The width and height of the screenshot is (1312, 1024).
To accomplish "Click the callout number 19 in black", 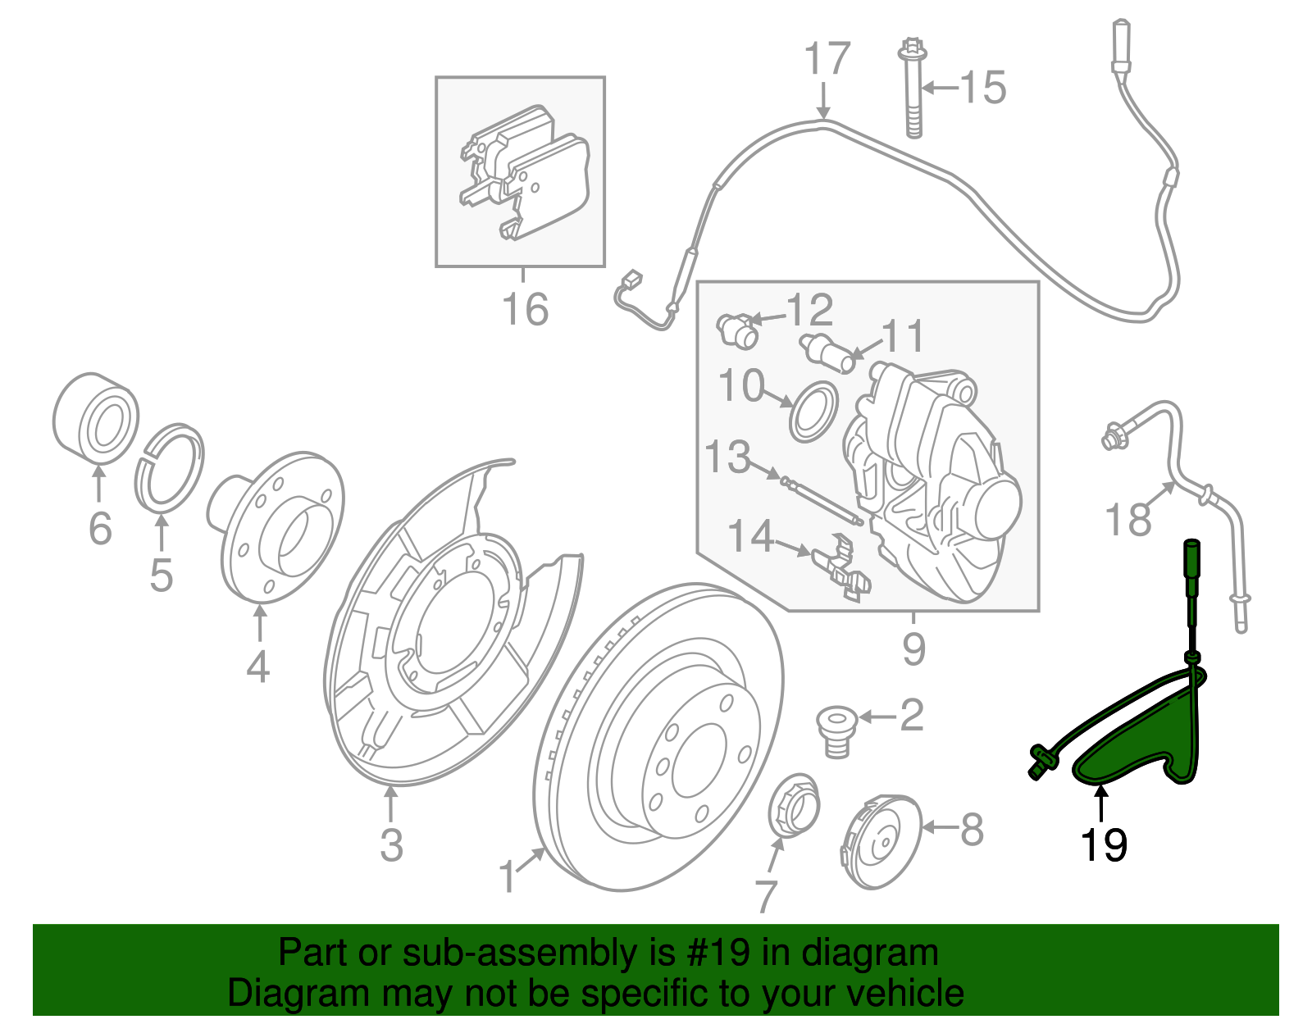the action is click(1104, 845).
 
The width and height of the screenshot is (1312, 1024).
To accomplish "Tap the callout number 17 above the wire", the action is click(827, 61).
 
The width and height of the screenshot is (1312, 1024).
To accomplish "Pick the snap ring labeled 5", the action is click(169, 468).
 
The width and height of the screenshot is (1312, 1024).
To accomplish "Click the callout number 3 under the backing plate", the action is click(391, 844).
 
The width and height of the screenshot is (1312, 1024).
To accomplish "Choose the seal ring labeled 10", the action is click(813, 410).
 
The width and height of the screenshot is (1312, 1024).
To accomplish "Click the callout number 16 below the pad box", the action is click(525, 309).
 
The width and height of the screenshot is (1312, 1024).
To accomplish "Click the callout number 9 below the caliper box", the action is click(913, 649).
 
